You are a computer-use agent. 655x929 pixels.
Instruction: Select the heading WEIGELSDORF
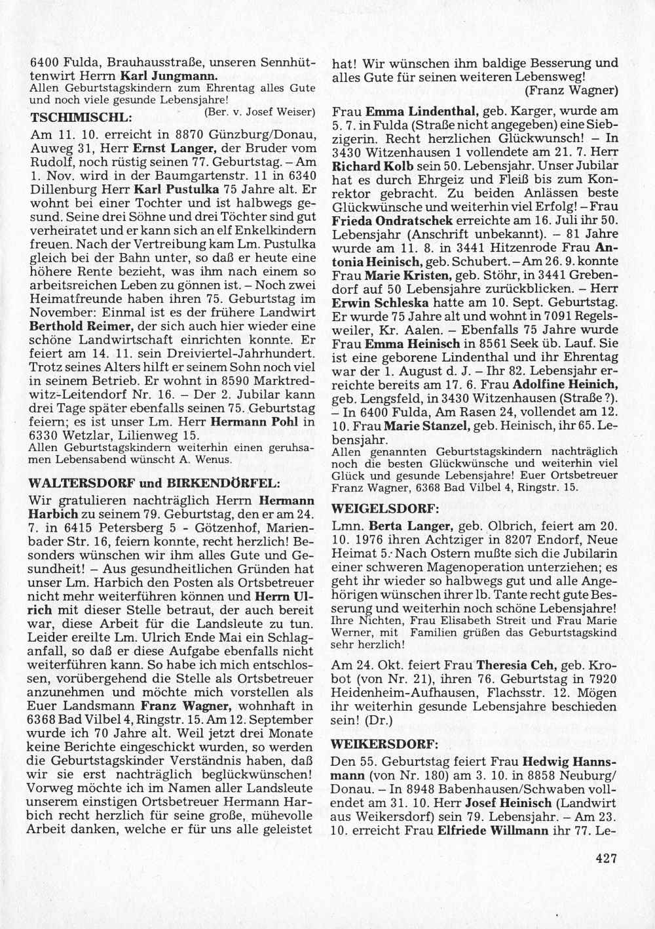coord(377,508)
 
